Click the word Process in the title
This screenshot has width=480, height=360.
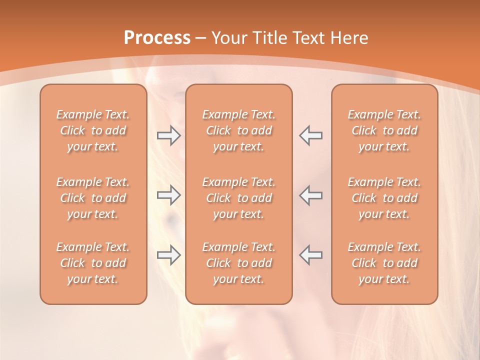157,37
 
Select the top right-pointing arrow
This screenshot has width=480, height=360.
168,135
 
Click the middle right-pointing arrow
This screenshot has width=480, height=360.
168,195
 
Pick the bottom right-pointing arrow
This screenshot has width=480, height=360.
168,255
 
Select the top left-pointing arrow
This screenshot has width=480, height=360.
311,135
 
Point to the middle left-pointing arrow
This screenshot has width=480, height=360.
311,195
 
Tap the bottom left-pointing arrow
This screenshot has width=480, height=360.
311,255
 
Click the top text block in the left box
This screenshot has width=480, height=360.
93,130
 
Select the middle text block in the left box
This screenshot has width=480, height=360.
93,198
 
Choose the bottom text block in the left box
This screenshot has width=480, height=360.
93,263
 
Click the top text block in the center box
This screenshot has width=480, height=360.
239,130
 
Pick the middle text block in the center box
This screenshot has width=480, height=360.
239,198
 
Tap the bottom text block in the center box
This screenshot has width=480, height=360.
239,263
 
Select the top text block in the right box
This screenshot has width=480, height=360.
384,130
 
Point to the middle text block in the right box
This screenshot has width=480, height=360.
384,198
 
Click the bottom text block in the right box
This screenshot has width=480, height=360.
384,263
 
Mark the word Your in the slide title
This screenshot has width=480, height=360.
229,38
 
